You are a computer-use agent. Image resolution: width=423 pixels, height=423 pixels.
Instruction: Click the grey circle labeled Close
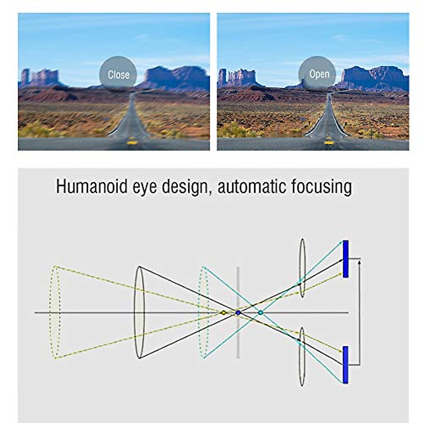[118, 74]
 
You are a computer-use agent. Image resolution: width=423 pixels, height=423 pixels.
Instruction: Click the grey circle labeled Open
[319, 74]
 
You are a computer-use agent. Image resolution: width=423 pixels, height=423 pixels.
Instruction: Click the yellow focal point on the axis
[223, 313]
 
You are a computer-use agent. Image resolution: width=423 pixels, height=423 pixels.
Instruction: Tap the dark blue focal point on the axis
[238, 313]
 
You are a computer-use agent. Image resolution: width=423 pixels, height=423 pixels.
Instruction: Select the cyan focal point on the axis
[260, 313]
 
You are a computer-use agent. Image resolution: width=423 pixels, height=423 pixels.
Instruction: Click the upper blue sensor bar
[345, 259]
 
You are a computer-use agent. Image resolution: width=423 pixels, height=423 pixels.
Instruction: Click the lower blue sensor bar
[345, 365]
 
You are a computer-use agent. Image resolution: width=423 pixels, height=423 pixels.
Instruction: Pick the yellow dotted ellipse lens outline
[55, 312]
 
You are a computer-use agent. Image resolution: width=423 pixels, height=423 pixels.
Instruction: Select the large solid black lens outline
[139, 312]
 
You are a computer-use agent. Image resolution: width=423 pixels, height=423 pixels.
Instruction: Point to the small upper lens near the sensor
[302, 268]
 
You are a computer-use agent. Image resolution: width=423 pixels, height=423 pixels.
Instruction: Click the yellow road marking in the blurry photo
[132, 142]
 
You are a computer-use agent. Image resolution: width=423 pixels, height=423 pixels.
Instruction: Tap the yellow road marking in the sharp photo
[329, 142]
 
